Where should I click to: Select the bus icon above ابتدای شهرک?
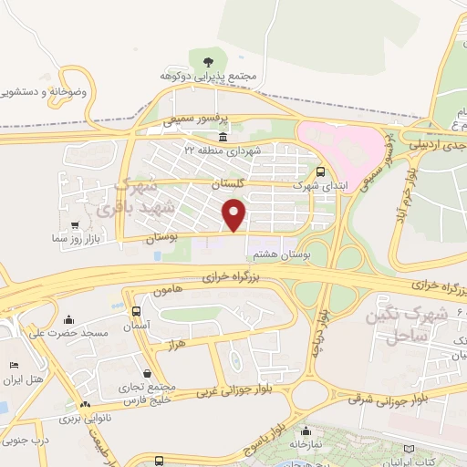(x=319, y=171)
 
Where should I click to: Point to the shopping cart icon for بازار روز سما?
(x=73, y=223)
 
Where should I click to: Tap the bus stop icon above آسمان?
(x=136, y=311)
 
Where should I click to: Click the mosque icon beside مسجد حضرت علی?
(x=69, y=321)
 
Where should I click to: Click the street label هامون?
(x=170, y=289)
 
